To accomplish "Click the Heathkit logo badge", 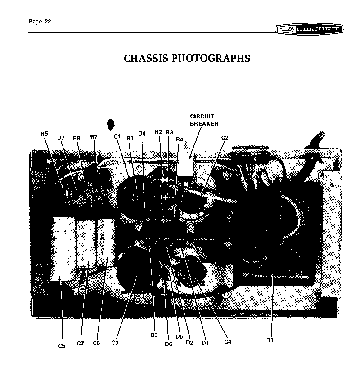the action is coord(310,29).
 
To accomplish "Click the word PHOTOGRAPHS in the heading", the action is coord(211,58).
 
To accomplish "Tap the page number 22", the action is coord(48,22).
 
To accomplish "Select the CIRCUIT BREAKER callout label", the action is coord(204,120).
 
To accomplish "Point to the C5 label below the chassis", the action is coord(62,346).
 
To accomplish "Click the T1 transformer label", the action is coord(270,340).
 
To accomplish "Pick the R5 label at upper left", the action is coord(45,134).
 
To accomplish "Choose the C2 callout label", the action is coord(225,138).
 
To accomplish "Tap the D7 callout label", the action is coord(61,138).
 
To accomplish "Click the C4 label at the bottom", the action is coord(228,342).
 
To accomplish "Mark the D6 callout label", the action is coord(168,344).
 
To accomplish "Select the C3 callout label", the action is coord(115,343).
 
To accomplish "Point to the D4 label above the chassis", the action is coord(142,133).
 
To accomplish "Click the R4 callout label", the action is coord(180,140).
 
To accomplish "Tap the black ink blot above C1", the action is coord(111,125).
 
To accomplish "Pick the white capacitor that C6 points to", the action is coord(107,242).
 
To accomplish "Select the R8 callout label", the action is coord(76,138).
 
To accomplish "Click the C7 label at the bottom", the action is coord(80,344).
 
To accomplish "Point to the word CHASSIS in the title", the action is coord(146,58).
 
